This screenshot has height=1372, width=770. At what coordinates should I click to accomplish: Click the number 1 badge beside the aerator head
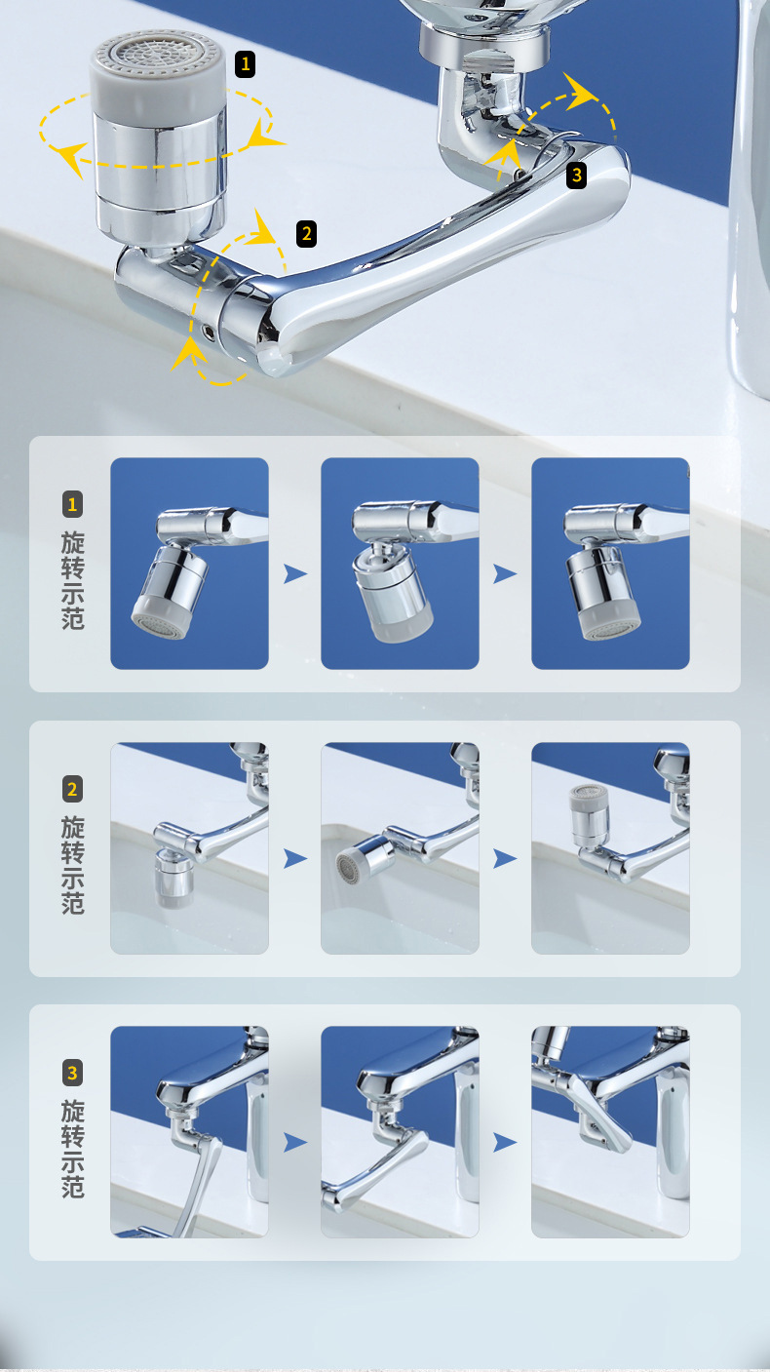click(x=245, y=64)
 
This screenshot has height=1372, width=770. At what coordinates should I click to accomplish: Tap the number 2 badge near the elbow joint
click(x=307, y=233)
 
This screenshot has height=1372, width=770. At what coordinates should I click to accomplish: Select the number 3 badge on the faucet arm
click(x=576, y=176)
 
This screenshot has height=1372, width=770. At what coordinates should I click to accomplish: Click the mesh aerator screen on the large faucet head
click(x=157, y=52)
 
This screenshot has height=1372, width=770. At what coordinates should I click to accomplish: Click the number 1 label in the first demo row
click(x=72, y=504)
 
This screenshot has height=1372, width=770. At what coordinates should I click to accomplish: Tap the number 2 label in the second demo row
click(x=72, y=790)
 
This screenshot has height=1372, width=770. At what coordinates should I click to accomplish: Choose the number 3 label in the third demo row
click(x=72, y=1073)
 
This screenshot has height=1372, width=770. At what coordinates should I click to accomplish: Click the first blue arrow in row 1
click(x=295, y=574)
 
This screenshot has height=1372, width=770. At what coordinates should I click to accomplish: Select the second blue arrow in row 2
click(x=505, y=859)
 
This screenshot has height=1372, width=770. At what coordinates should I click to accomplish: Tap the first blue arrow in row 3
click(x=295, y=1142)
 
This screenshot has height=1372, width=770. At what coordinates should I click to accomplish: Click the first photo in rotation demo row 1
click(x=189, y=564)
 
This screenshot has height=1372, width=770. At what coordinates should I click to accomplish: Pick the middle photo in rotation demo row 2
click(x=400, y=848)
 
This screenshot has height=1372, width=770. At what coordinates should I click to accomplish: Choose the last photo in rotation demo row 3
click(x=610, y=1132)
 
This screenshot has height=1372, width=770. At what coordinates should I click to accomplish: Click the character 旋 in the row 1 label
click(x=73, y=543)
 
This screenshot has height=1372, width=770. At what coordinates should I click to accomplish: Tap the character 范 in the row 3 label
click(x=73, y=1187)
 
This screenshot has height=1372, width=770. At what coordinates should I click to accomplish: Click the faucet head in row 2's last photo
click(x=589, y=813)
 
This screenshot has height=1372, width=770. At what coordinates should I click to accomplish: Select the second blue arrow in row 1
click(x=505, y=574)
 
